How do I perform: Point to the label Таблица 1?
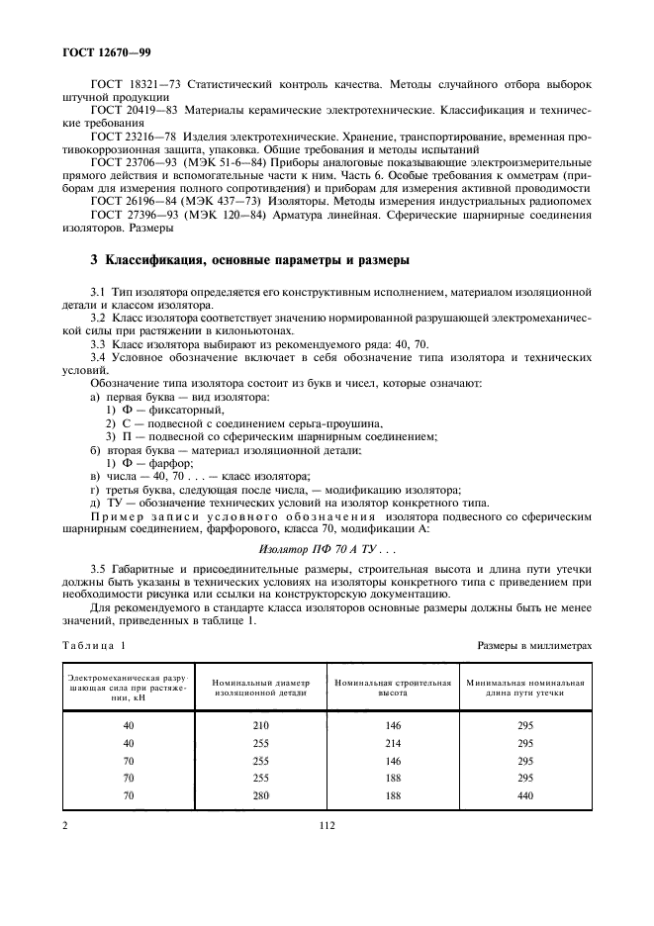click(95, 645)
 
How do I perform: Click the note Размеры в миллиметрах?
click(534, 645)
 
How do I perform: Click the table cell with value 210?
click(260, 725)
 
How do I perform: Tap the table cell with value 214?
click(393, 743)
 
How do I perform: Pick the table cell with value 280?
click(260, 794)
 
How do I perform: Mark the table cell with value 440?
click(524, 794)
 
